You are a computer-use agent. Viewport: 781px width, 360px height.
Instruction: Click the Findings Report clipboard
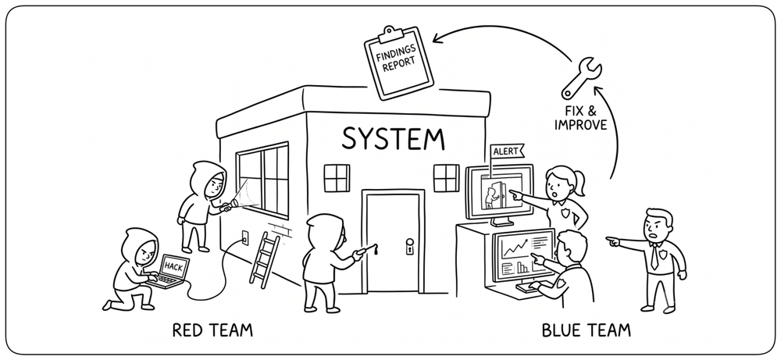[398, 62]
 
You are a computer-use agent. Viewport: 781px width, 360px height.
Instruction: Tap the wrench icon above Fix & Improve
[581, 77]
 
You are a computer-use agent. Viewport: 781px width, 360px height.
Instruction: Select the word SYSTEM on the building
[393, 138]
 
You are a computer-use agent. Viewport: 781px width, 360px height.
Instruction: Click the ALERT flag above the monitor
[507, 151]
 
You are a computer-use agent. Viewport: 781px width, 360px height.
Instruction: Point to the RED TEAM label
[212, 330]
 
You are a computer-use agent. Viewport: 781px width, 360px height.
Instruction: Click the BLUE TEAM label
[586, 330]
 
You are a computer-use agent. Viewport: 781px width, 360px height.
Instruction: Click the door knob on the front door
[409, 245]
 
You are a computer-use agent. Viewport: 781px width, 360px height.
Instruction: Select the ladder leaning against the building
[265, 260]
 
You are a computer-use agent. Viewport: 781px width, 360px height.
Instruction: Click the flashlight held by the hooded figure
[227, 205]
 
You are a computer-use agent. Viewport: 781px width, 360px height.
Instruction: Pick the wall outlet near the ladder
[245, 237]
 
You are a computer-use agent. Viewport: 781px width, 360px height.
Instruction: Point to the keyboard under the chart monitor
[531, 287]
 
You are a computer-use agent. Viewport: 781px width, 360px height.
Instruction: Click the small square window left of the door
[337, 178]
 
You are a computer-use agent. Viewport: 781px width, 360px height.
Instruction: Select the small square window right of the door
[446, 178]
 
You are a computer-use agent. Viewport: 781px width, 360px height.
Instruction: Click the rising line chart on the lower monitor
[516, 247]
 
